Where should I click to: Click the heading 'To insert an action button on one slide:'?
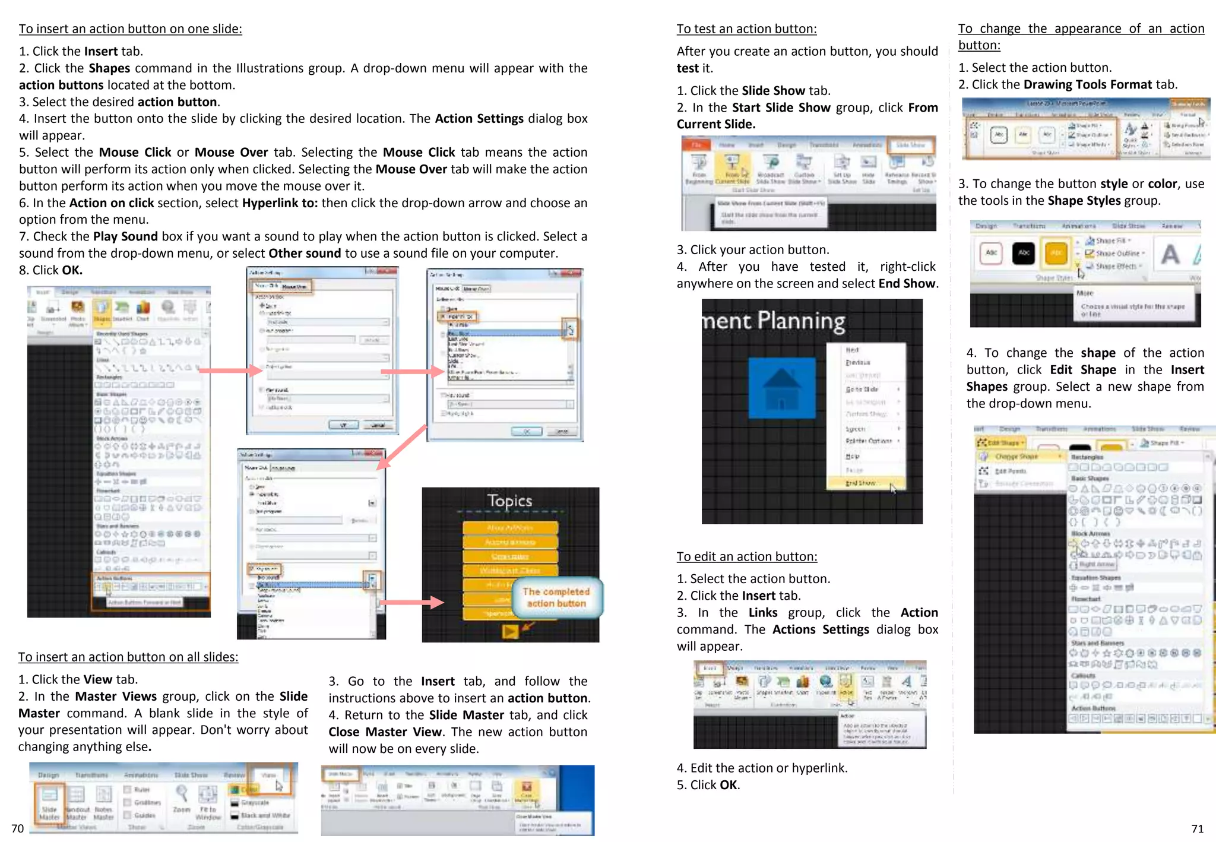[x=130, y=29]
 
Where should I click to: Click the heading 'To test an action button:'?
[x=746, y=29]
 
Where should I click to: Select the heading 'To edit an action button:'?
[x=746, y=556]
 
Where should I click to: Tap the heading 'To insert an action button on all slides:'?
[x=128, y=657]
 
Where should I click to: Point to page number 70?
[x=17, y=828]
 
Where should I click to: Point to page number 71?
[x=1197, y=828]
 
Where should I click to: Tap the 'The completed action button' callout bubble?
[x=556, y=597]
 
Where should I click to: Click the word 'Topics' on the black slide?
[x=509, y=501]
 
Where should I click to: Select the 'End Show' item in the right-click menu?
[x=861, y=483]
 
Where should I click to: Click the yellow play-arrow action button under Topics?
[x=509, y=632]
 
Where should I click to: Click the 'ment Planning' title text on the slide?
[x=774, y=321]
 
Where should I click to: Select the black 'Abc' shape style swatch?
[x=1024, y=253]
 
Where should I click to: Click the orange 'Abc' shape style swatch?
[x=1055, y=253]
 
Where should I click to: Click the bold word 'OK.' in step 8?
[x=72, y=270]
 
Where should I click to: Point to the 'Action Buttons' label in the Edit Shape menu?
[x=1093, y=708]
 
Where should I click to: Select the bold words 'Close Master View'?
[x=385, y=732]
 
